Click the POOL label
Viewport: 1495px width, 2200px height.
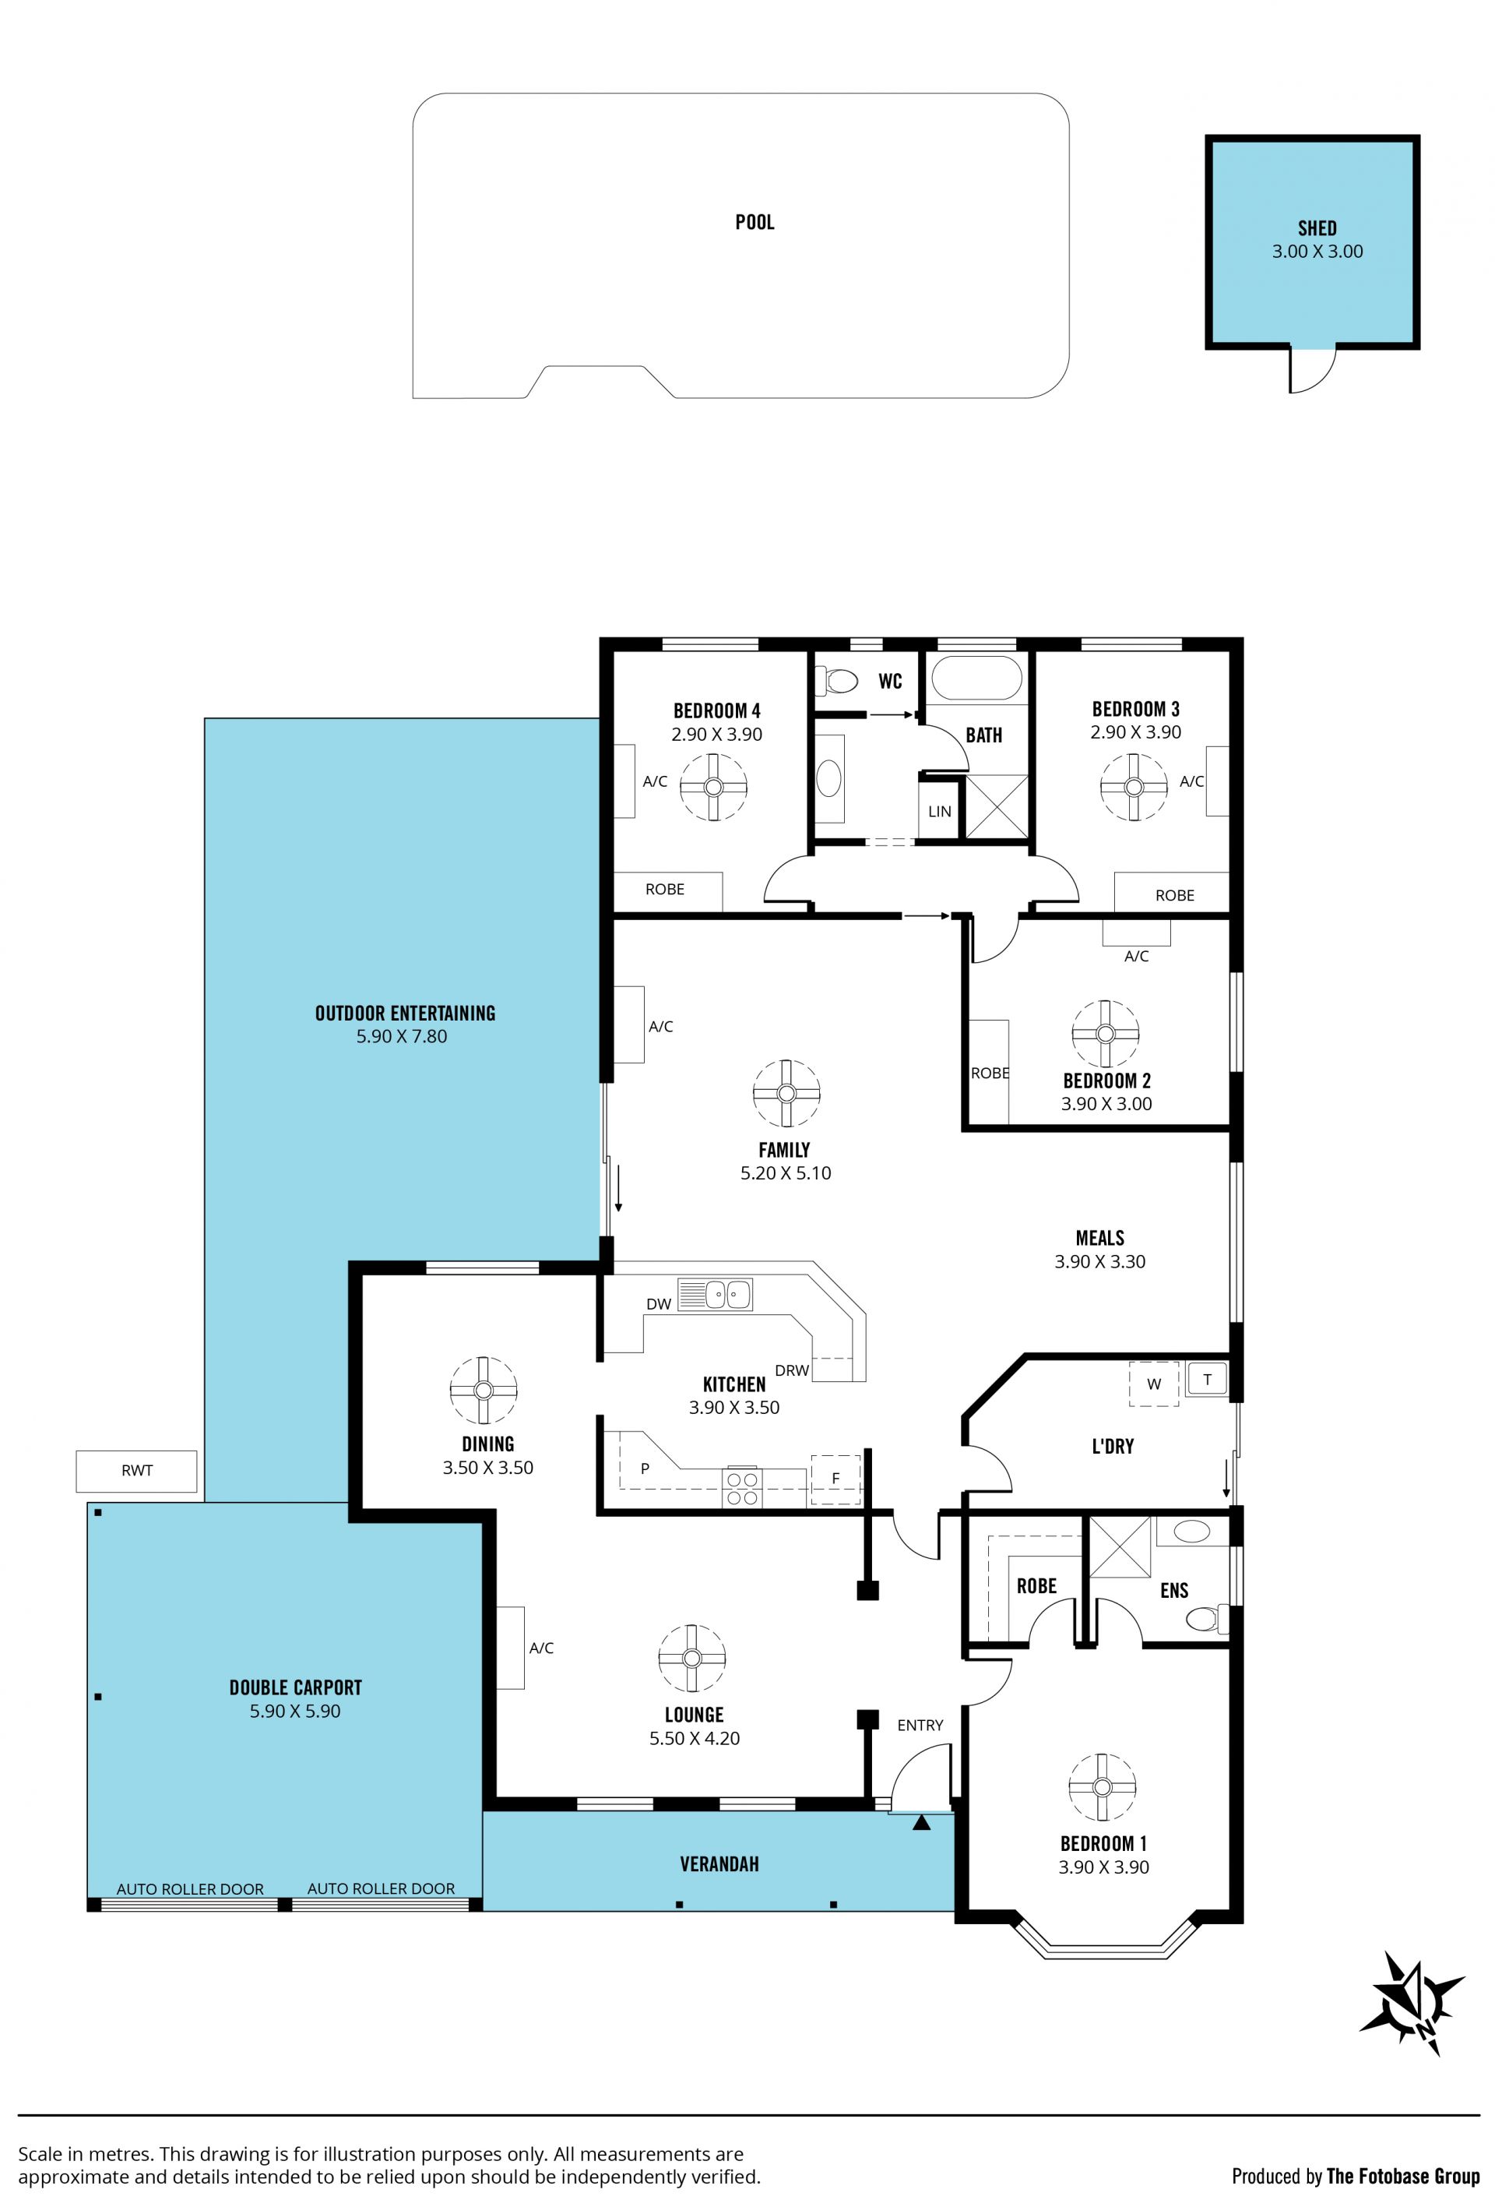point(755,223)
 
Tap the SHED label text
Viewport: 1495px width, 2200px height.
point(1316,228)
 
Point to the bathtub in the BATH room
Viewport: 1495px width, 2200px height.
point(976,679)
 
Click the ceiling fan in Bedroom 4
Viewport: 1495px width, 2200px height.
point(713,787)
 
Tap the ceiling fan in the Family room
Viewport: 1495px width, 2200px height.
point(786,1092)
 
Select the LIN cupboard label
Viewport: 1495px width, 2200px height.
point(940,811)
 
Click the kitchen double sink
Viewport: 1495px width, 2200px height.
point(714,1293)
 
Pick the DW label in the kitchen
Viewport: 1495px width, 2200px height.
point(659,1303)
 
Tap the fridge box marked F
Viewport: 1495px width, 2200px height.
point(835,1479)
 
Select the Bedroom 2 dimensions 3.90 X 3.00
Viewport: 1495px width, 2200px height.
point(1106,1104)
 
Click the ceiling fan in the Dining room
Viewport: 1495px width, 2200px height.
point(484,1390)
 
